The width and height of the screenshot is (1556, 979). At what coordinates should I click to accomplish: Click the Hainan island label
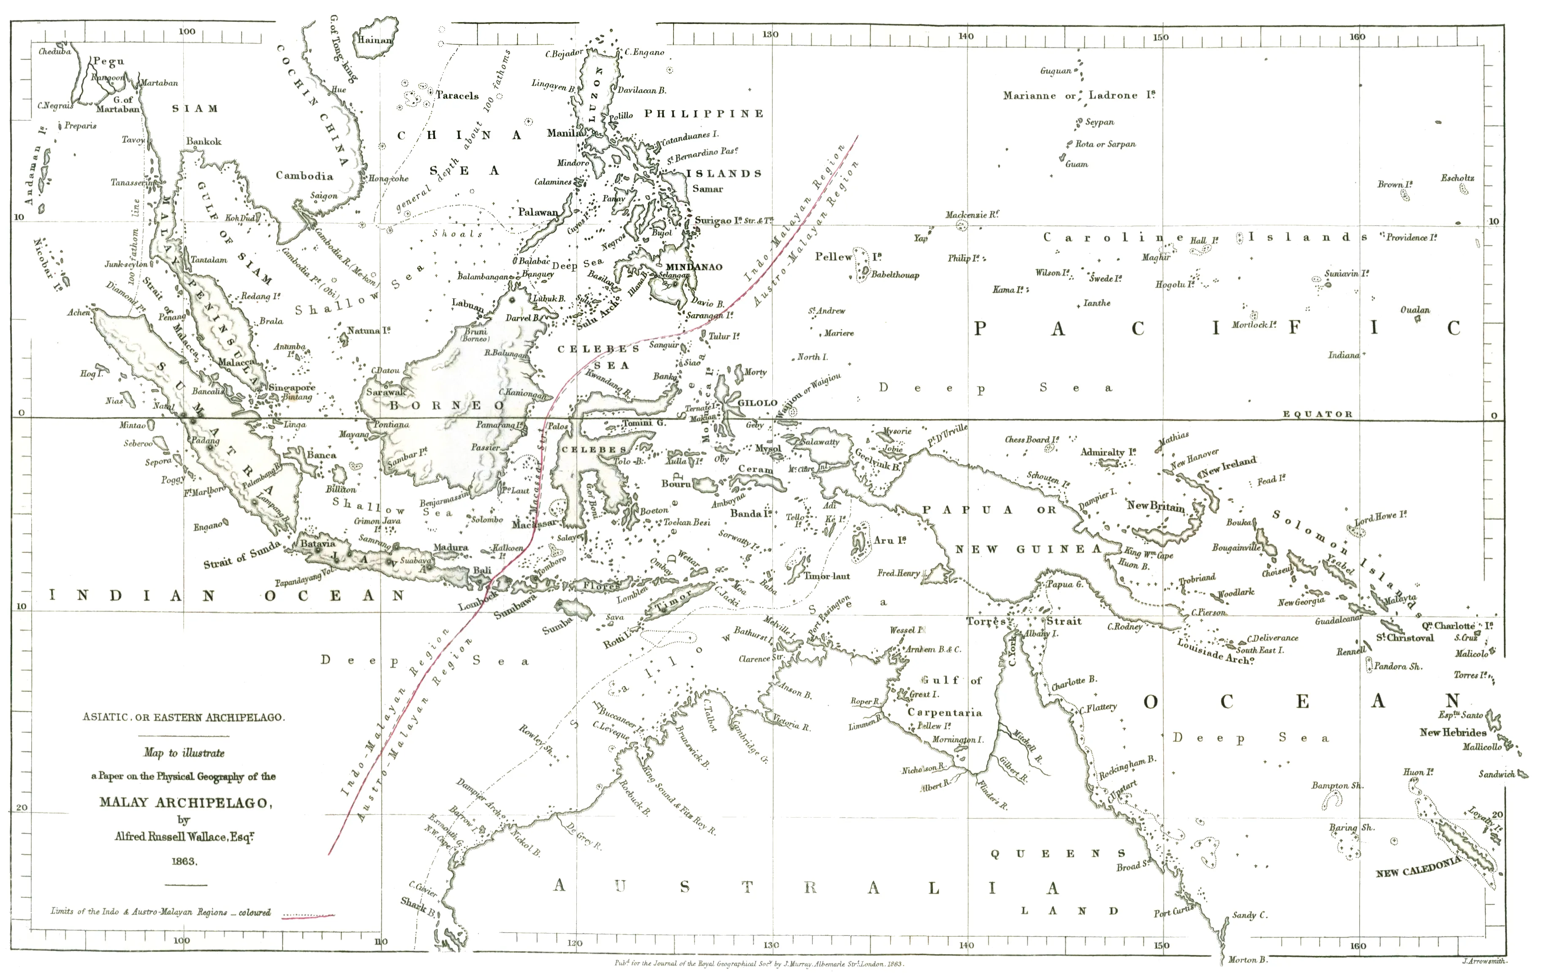click(375, 39)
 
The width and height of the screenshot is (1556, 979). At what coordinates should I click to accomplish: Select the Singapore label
click(292, 388)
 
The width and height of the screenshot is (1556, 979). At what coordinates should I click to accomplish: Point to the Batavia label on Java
click(318, 544)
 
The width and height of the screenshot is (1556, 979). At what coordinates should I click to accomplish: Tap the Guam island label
click(1077, 164)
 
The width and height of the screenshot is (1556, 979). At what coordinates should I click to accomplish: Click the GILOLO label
click(758, 402)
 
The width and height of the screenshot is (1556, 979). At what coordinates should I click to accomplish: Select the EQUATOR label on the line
click(1317, 414)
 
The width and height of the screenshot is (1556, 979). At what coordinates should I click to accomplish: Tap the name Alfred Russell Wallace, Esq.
click(184, 837)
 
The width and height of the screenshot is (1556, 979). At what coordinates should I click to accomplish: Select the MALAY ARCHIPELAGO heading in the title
click(185, 802)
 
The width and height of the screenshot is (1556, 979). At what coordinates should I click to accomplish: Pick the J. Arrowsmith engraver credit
click(1484, 961)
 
